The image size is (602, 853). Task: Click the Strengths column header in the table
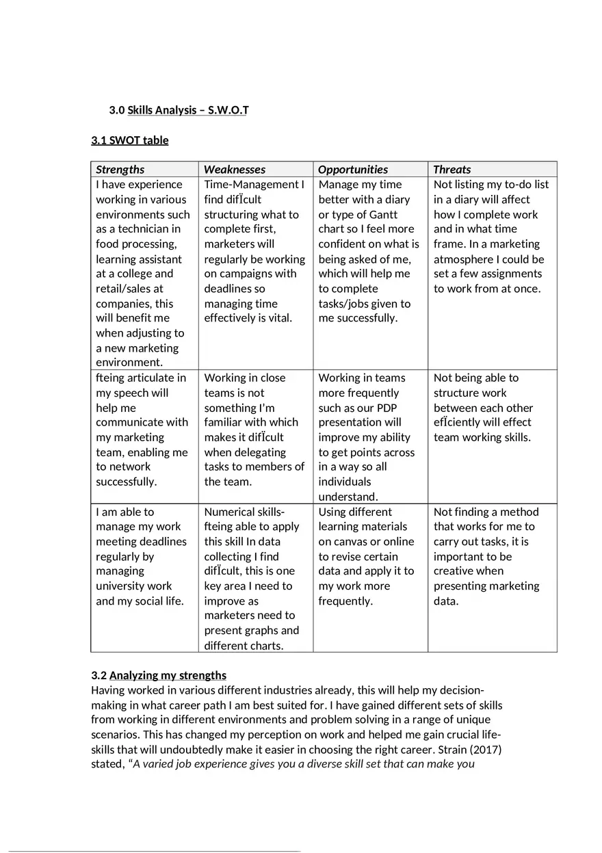120,170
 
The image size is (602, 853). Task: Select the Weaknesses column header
235,170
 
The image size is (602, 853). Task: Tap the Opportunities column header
353,170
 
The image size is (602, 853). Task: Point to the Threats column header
452,170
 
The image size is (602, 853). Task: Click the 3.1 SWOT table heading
130,141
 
